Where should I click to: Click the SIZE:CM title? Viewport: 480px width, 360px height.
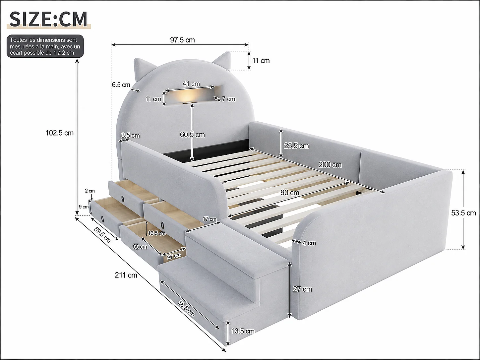click(x=48, y=19)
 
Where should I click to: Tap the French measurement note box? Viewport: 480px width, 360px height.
click(x=45, y=46)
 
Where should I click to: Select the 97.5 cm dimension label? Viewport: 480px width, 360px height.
click(x=182, y=40)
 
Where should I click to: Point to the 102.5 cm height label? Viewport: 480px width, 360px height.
click(x=59, y=133)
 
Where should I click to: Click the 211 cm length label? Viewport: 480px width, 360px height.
click(x=126, y=275)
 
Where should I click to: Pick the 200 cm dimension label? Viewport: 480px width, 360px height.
click(x=330, y=165)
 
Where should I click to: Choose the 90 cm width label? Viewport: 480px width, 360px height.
click(x=290, y=193)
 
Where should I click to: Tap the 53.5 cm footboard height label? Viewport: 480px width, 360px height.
click(x=463, y=213)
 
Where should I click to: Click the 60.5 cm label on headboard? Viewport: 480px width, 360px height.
click(x=193, y=135)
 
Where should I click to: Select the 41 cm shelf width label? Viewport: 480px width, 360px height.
click(x=191, y=84)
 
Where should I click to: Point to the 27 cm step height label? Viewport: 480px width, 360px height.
click(x=302, y=289)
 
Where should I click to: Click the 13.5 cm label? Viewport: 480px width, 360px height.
click(x=243, y=331)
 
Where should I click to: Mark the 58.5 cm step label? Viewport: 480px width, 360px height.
click(x=186, y=308)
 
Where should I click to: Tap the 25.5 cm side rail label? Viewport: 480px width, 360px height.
click(x=296, y=146)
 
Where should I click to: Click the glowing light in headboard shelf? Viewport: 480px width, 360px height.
click(x=188, y=96)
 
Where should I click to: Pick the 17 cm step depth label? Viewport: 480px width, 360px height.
click(x=210, y=219)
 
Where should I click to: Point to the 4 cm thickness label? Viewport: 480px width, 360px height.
click(x=309, y=243)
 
